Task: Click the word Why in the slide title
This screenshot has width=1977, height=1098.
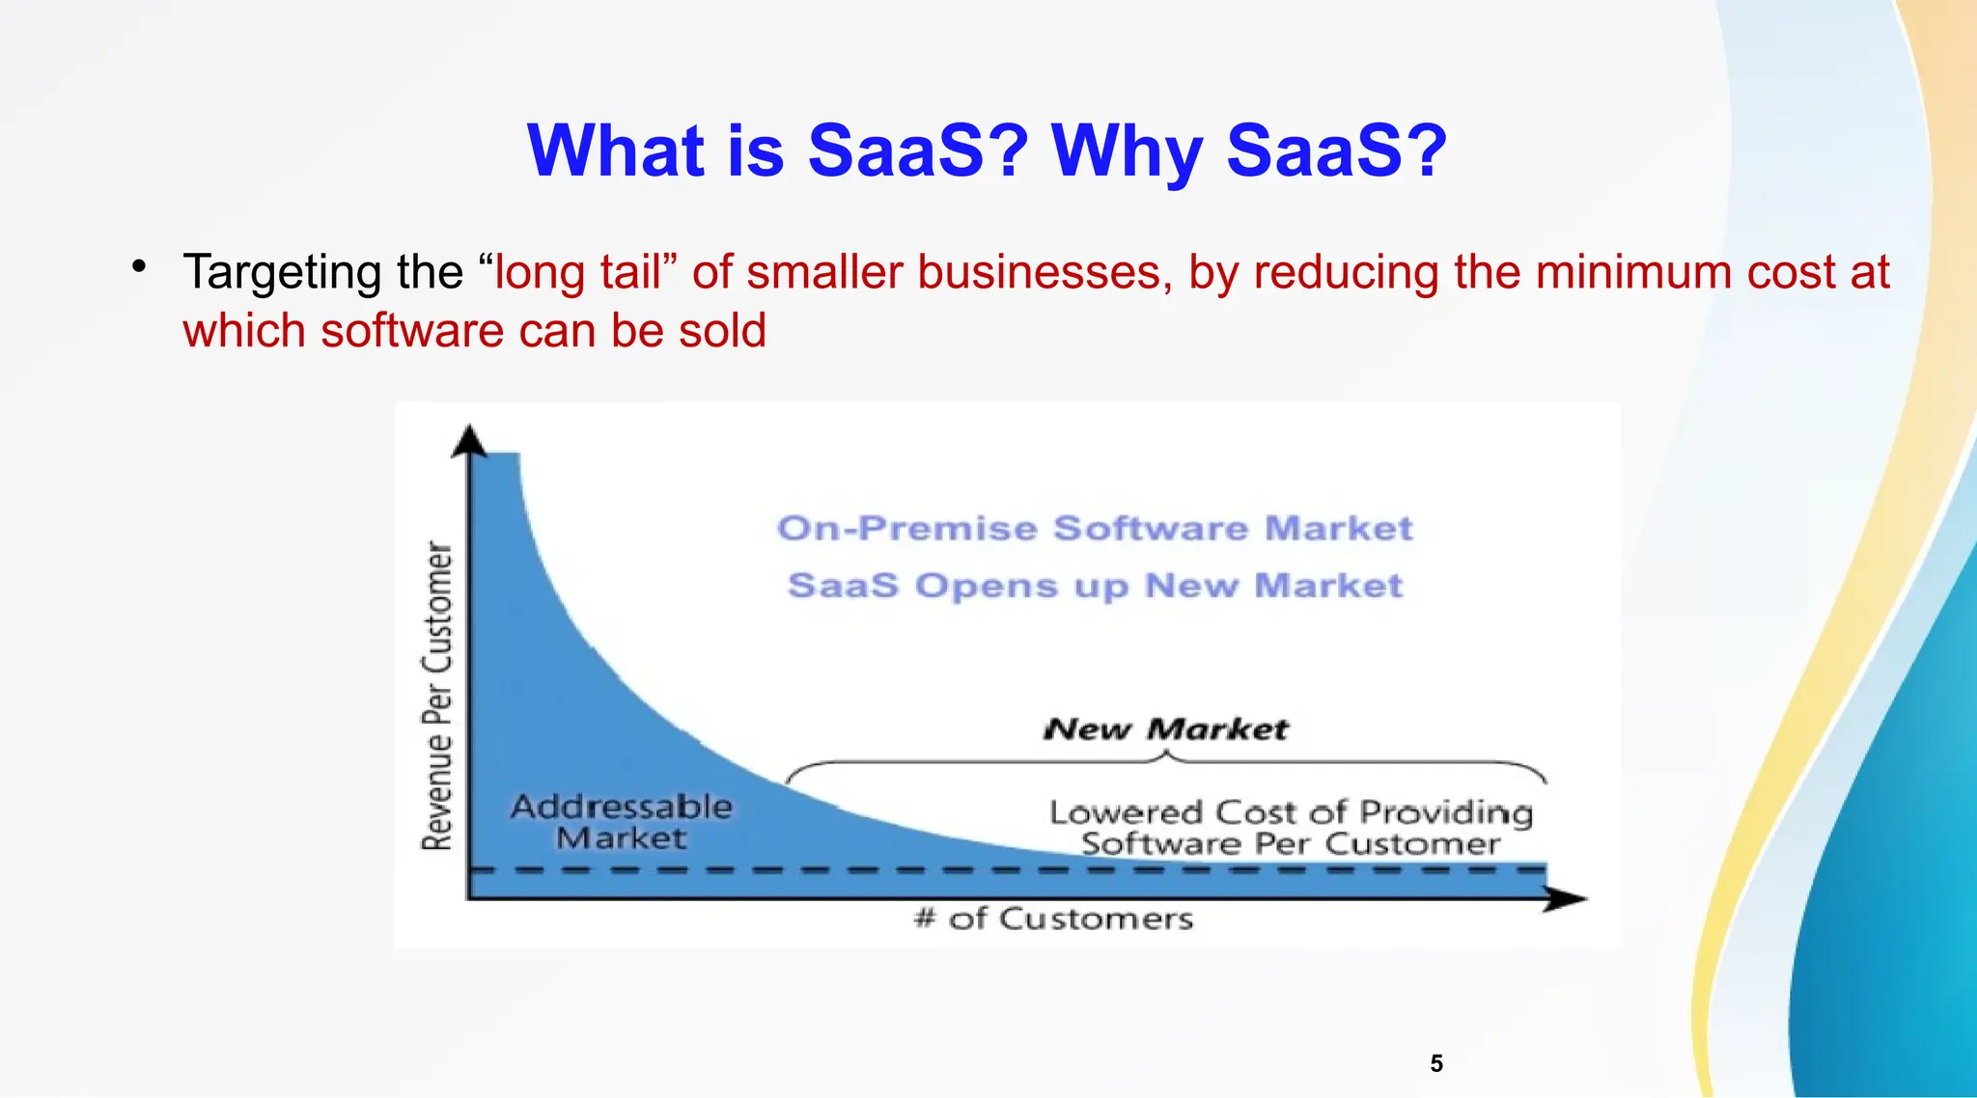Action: click(1126, 151)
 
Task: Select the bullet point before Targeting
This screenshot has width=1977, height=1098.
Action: click(140, 265)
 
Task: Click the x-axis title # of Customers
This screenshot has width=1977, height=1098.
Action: click(1053, 919)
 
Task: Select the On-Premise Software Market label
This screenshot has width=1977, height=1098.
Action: click(1095, 529)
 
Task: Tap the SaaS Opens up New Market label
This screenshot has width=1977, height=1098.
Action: click(1095, 586)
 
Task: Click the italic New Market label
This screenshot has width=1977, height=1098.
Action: click(1165, 729)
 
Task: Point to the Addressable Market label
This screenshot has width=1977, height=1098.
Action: click(621, 822)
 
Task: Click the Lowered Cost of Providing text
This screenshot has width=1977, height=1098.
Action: click(1290, 813)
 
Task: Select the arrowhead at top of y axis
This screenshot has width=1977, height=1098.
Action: click(470, 440)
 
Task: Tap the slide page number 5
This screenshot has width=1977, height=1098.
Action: click(1436, 1063)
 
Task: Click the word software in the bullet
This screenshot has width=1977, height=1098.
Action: click(411, 331)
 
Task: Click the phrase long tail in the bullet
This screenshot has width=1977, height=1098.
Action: click(577, 272)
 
